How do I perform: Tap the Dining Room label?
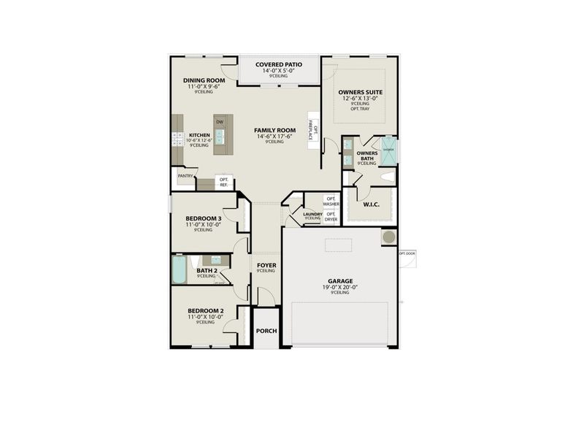204,80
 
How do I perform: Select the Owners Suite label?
361,92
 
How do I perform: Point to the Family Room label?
274,130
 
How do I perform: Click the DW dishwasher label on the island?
219,121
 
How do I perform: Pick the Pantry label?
185,175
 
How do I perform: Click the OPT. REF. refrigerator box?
224,182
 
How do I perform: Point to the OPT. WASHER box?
331,201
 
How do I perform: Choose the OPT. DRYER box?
331,216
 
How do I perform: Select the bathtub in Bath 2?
179,271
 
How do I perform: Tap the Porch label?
266,331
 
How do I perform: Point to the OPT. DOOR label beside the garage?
407,253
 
